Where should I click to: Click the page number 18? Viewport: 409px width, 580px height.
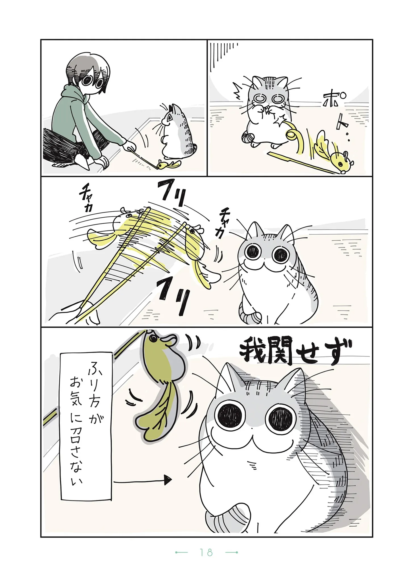click(x=206, y=560)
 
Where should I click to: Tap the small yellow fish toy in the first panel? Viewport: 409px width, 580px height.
click(x=169, y=164)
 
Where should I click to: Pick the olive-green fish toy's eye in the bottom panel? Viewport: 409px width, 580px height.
click(x=153, y=339)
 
